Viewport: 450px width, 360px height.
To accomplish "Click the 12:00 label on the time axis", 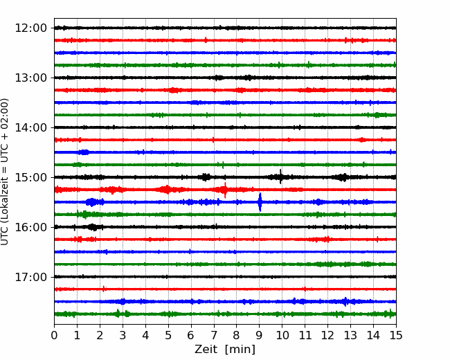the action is click(30, 28).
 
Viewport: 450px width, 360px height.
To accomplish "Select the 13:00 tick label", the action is click(30, 78).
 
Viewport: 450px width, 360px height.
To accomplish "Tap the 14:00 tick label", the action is click(30, 127).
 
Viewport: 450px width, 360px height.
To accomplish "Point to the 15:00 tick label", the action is click(30, 177).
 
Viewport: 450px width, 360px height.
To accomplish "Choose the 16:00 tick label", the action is click(30, 227).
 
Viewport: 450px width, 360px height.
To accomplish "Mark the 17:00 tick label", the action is click(30, 277).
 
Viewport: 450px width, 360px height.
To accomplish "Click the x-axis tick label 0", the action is click(54, 335).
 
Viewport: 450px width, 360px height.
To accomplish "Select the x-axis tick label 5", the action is click(168, 335).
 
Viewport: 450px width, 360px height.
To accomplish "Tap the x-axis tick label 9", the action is click(259, 335).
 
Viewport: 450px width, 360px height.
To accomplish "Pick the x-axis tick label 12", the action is click(327, 335).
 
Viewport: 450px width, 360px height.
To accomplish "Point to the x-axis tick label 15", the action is click(396, 335).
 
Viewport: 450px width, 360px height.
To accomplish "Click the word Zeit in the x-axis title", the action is click(207, 349).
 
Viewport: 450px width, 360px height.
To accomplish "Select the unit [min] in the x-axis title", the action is click(240, 350).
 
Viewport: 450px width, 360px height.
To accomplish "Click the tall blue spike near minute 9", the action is click(260, 202).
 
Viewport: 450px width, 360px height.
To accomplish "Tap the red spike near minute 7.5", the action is click(225, 190).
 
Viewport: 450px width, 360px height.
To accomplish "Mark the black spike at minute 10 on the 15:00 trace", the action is click(280, 177).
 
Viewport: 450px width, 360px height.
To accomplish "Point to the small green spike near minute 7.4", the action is click(223, 165).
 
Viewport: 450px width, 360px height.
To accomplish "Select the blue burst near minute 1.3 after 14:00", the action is click(84, 152).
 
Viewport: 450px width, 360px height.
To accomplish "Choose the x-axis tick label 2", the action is click(100, 335).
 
